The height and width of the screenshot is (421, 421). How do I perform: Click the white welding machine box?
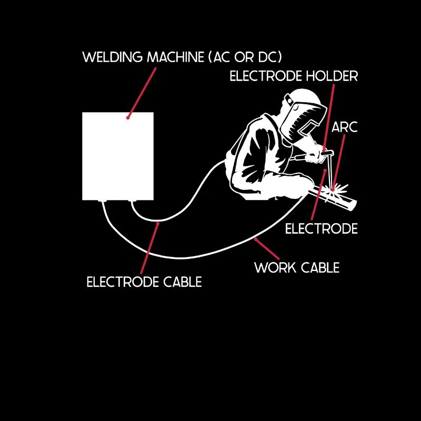118,156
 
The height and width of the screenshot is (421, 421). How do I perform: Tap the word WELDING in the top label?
113,57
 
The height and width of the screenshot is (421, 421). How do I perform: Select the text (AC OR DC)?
245,57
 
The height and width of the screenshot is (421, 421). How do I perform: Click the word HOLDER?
332,76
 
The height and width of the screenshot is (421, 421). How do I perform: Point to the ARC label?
345,127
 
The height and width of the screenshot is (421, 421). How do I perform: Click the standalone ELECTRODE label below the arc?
322,228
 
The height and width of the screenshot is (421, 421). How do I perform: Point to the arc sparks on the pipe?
334,189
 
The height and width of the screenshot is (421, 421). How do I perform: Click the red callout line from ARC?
339,163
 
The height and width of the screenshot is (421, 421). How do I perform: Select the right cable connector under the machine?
132,201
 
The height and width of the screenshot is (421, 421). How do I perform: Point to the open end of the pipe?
352,205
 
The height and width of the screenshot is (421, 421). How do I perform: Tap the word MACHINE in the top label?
176,57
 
